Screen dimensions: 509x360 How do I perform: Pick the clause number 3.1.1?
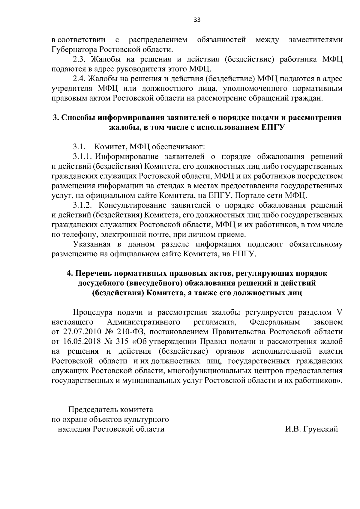[84, 156]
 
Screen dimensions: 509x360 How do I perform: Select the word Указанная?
[93, 244]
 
